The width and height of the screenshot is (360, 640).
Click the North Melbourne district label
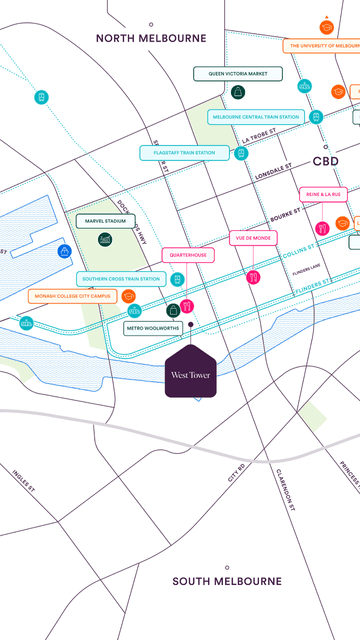click(x=151, y=38)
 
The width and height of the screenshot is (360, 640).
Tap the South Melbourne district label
click(x=226, y=581)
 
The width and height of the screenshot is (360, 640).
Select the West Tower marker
click(x=190, y=373)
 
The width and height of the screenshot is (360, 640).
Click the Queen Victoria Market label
click(x=238, y=74)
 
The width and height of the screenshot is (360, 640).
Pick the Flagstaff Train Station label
click(x=177, y=153)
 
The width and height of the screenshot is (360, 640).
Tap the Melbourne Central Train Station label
click(x=255, y=117)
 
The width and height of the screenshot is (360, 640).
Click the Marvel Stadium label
click(x=105, y=220)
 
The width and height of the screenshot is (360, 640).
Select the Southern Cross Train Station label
click(x=120, y=279)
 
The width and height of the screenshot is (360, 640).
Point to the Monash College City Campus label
click(x=72, y=296)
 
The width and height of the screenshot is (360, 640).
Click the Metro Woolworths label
click(x=153, y=328)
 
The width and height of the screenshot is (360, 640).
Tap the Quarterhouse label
click(x=187, y=255)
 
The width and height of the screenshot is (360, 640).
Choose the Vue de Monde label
click(x=253, y=238)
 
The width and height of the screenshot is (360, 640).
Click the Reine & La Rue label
click(x=322, y=194)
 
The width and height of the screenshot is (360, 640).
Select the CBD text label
click(x=326, y=160)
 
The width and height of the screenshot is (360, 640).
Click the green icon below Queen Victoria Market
click(x=238, y=93)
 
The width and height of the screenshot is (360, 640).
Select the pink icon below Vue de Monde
click(x=253, y=277)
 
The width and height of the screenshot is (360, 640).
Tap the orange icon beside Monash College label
click(x=128, y=296)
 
